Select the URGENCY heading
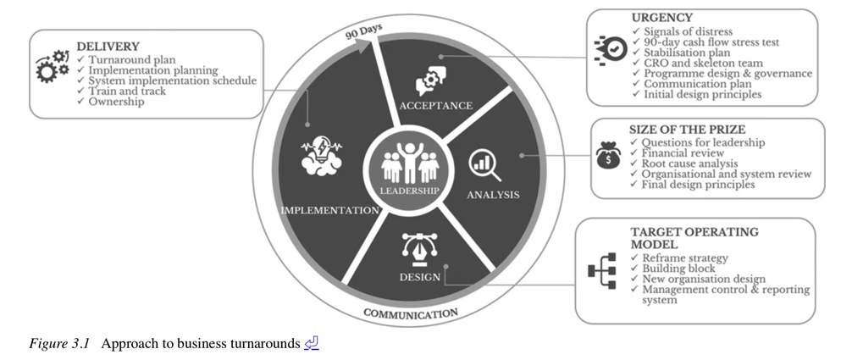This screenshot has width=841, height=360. point(661,18)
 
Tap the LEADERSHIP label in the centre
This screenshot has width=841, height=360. point(409,191)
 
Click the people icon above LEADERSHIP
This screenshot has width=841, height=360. point(409,162)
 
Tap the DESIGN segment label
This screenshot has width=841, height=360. point(420,277)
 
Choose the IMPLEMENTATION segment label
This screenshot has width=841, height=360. point(329,210)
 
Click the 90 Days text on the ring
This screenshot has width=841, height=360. point(363,32)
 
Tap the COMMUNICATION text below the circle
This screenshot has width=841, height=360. point(411,314)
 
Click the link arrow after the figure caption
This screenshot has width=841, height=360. point(312,344)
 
